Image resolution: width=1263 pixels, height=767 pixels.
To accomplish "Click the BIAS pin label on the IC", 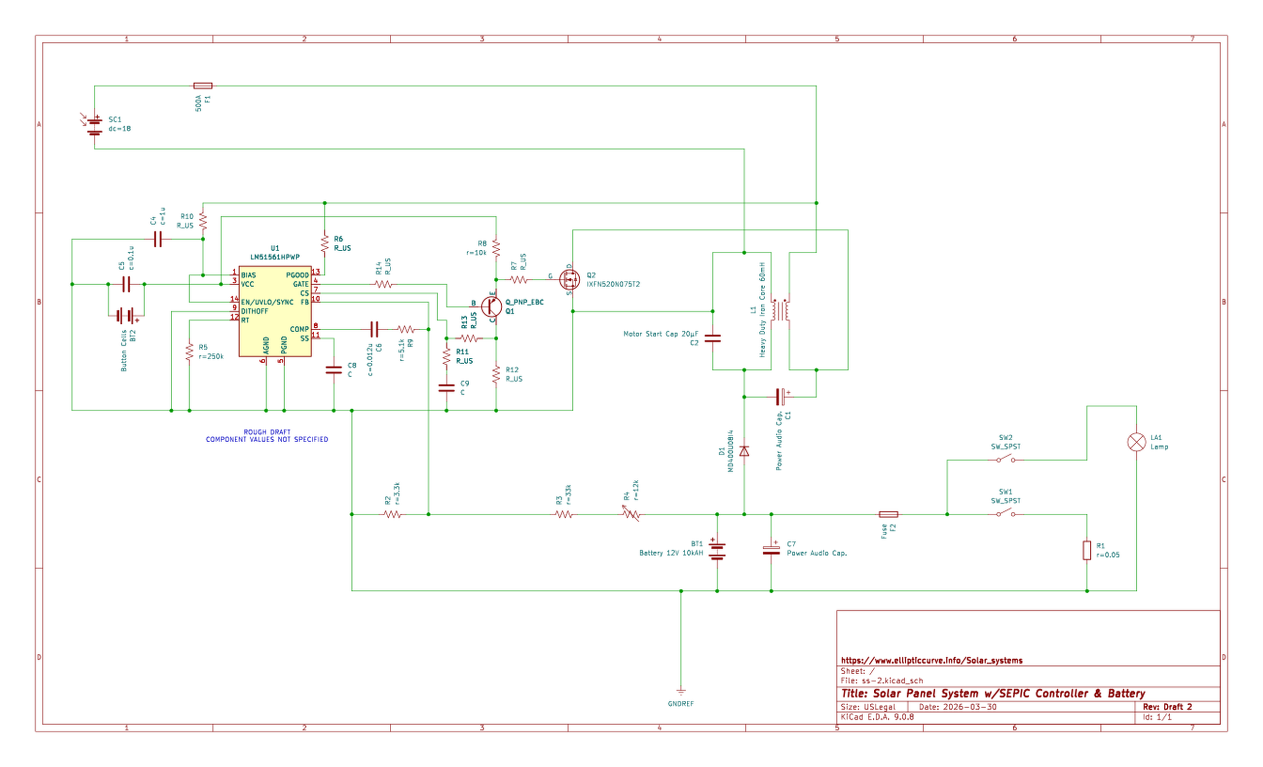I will (248, 275).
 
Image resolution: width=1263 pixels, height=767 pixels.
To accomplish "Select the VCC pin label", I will (247, 284).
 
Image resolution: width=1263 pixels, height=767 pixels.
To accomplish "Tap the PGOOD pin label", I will (297, 275).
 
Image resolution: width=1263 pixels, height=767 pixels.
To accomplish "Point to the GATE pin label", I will (301, 284).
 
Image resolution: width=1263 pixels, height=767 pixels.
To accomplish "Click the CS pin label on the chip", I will (304, 293).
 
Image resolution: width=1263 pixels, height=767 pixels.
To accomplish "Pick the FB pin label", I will (304, 303).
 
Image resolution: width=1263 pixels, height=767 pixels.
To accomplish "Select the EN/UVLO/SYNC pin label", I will (266, 303).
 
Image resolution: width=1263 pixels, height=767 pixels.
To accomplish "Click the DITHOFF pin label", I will (254, 311).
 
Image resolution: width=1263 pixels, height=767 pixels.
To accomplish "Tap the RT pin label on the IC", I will (245, 320).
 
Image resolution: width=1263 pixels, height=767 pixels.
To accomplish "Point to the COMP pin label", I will (299, 329).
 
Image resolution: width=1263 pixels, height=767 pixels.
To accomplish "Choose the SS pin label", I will (304, 339).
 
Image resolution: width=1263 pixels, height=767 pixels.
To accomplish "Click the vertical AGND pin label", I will (266, 345).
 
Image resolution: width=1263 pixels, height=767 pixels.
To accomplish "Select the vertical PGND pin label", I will (284, 345).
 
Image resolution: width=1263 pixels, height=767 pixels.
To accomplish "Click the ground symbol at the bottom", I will (680, 692).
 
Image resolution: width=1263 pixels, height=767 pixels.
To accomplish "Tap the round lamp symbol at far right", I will (1136, 441).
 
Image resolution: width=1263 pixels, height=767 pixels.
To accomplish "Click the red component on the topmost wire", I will (202, 85).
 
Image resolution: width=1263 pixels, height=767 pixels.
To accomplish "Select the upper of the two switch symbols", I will (1005, 459).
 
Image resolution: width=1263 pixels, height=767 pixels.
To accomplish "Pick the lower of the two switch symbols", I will (1005, 513).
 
